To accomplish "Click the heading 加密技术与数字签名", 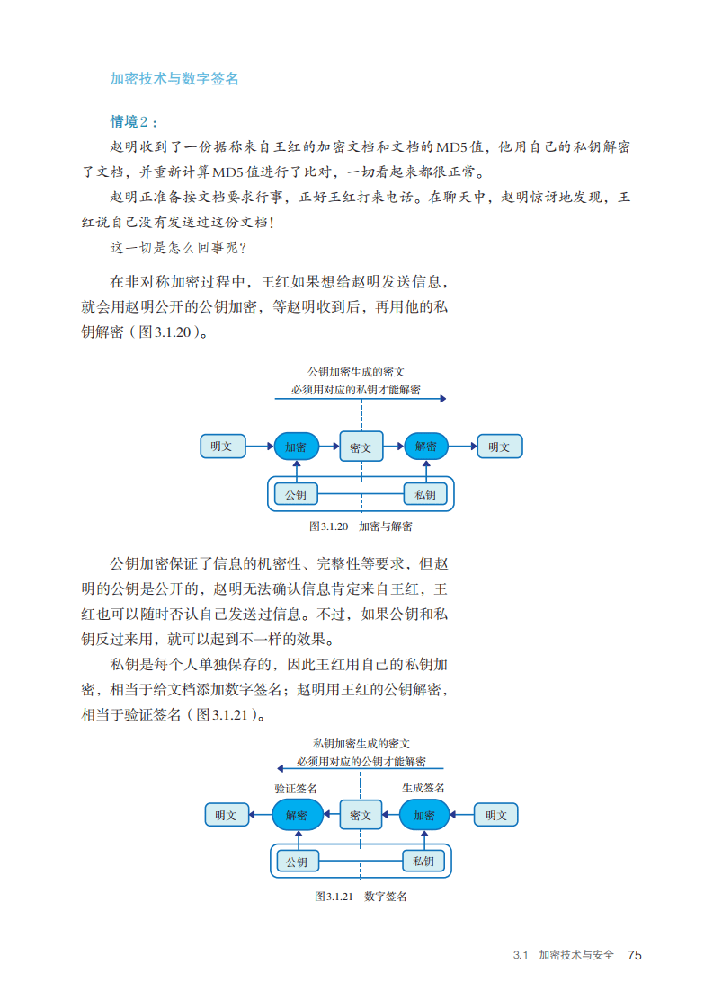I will pyautogui.click(x=174, y=79).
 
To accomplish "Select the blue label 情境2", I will pyautogui.click(x=134, y=122).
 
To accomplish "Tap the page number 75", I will pyautogui.click(x=634, y=955).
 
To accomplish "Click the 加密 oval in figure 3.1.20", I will pyautogui.click(x=296, y=447).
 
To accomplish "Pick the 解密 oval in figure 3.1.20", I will pyautogui.click(x=426, y=447).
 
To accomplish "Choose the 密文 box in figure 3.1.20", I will pyautogui.click(x=361, y=447).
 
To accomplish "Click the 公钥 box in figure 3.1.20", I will pyautogui.click(x=296, y=494).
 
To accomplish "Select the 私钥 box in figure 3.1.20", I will pyautogui.click(x=426, y=494).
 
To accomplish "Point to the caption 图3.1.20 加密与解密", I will pyautogui.click(x=361, y=526).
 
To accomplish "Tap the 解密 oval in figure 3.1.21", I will pyautogui.click(x=297, y=815).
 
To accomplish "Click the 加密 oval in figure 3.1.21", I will pyautogui.click(x=424, y=815).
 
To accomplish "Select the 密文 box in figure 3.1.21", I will pyautogui.click(x=361, y=815).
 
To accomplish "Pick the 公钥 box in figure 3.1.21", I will pyautogui.click(x=297, y=862).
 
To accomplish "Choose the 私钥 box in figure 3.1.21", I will pyautogui.click(x=423, y=862).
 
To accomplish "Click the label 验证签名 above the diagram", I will pyautogui.click(x=296, y=788).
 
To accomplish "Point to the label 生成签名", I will pyautogui.click(x=423, y=788).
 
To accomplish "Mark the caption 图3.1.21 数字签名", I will pyautogui.click(x=361, y=897).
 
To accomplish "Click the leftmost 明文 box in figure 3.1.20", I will pyautogui.click(x=222, y=447).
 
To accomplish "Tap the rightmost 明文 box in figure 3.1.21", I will pyautogui.click(x=495, y=815).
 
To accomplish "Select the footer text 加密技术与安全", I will pyautogui.click(x=576, y=955).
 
